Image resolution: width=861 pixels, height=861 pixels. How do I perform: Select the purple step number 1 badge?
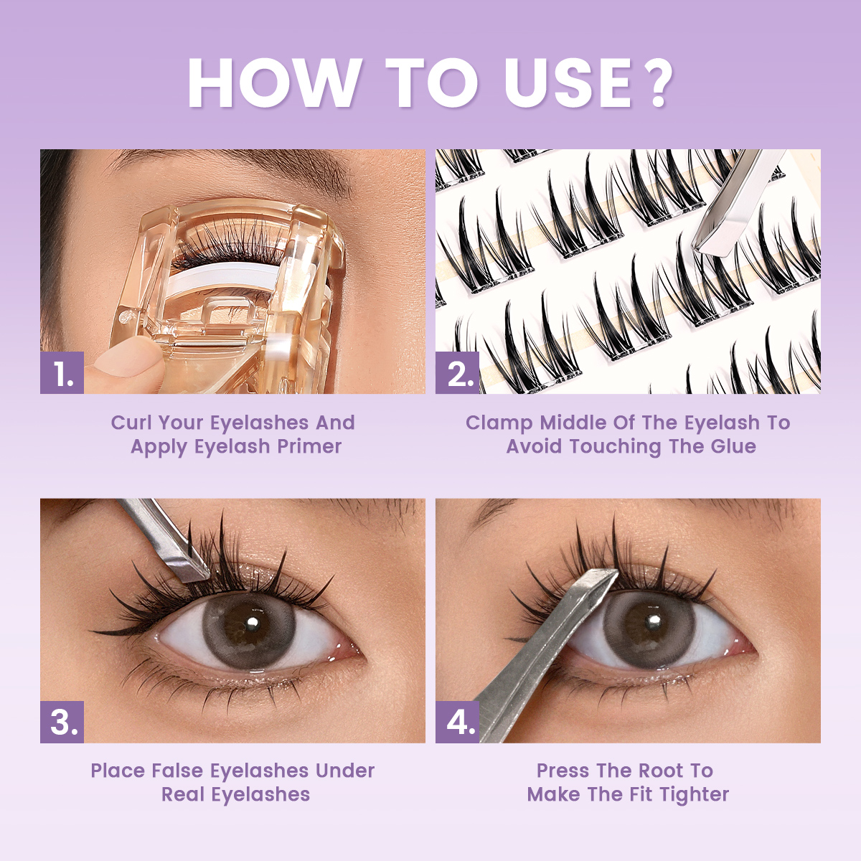(x=62, y=373)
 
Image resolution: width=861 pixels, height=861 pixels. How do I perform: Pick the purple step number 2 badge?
(x=458, y=373)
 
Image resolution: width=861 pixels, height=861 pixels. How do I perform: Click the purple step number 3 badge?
(x=62, y=722)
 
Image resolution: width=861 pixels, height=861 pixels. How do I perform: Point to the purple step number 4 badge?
(x=458, y=722)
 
